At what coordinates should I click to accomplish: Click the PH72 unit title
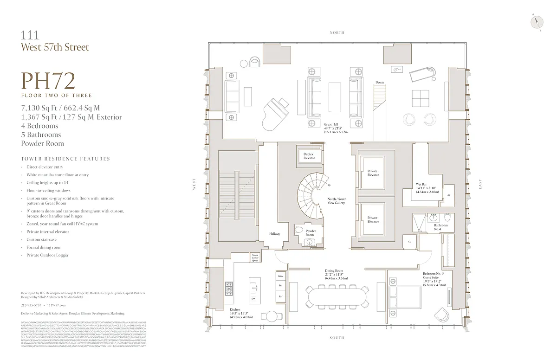(x=48, y=81)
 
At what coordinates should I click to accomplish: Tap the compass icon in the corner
(x=538, y=22)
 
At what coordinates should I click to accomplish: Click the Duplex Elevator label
(x=309, y=156)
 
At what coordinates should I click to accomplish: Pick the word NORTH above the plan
(x=337, y=32)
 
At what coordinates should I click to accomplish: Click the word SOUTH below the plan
(x=337, y=338)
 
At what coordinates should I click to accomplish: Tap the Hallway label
(x=275, y=234)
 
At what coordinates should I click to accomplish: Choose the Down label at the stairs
(x=380, y=83)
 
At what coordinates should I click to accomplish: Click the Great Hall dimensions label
(x=336, y=129)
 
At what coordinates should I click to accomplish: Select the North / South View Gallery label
(x=336, y=201)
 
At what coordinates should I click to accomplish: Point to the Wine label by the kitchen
(x=280, y=276)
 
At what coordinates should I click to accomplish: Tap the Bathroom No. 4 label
(x=440, y=227)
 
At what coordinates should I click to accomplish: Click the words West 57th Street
(x=55, y=47)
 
